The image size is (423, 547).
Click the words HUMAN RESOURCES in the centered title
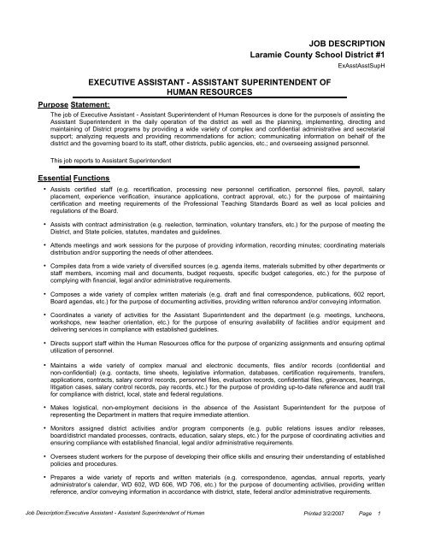pos(211,89)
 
